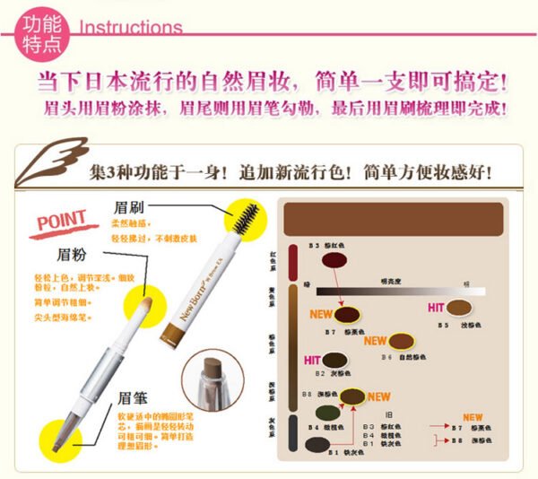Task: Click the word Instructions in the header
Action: tap(131, 28)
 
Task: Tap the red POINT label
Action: tap(63, 220)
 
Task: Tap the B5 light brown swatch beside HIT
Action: tap(459, 308)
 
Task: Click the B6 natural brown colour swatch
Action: tap(402, 343)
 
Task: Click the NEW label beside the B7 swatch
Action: tap(322, 315)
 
